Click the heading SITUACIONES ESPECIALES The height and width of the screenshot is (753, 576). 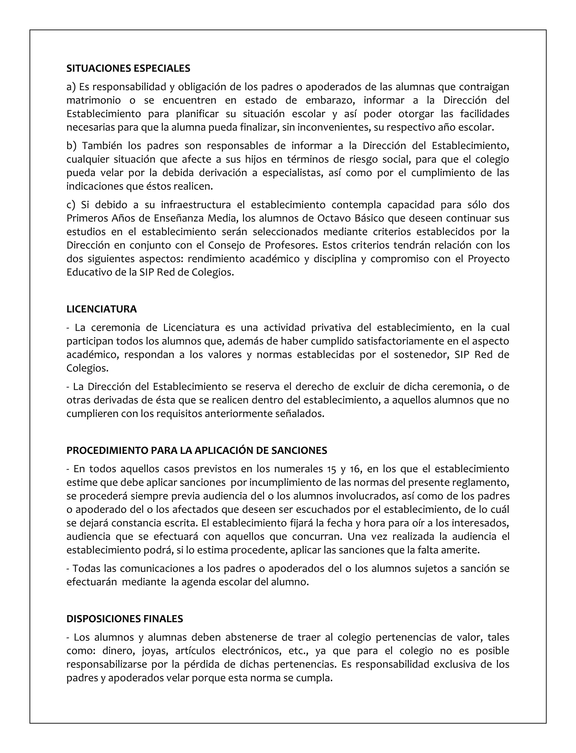point(128,69)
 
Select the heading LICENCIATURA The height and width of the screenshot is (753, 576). point(102,309)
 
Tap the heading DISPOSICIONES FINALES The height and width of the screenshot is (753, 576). point(125,619)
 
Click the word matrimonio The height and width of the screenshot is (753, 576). point(93,100)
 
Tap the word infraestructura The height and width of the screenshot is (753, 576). point(196,205)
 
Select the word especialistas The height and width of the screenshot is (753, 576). point(293,173)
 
